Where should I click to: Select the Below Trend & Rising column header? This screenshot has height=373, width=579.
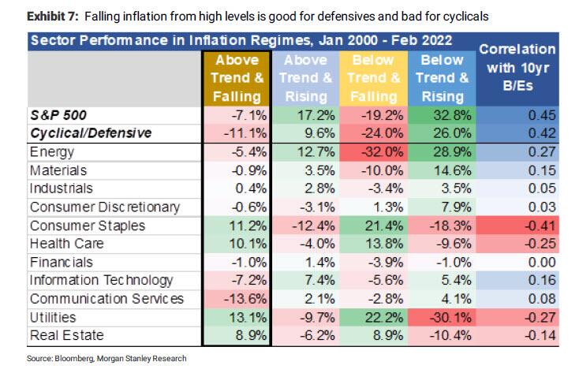click(x=442, y=78)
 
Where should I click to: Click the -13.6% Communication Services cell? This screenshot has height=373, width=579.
click(x=240, y=298)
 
